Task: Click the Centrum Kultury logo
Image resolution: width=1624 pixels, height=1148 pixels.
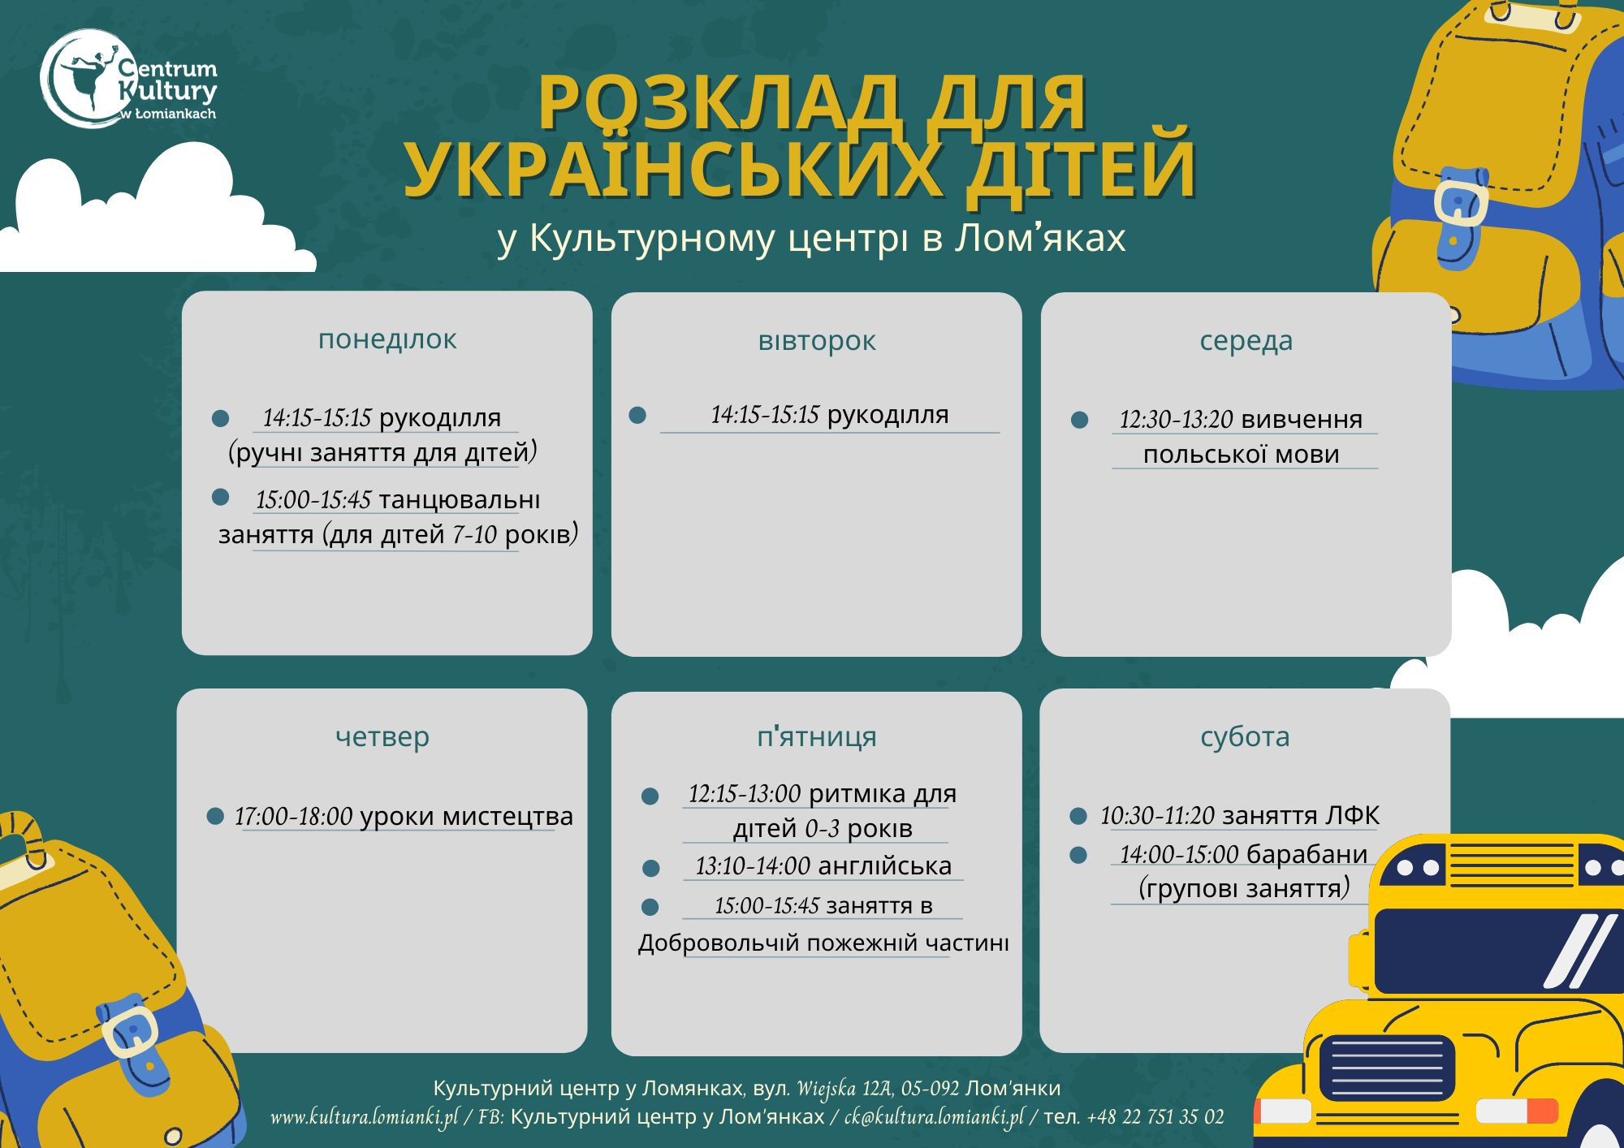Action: tap(129, 79)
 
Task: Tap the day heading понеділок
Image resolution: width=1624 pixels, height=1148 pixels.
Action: tap(387, 339)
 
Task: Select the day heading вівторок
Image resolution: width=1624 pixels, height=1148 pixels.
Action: tap(817, 341)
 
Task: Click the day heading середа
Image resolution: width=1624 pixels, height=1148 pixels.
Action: tap(1246, 341)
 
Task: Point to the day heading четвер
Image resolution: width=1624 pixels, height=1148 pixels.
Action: tap(382, 737)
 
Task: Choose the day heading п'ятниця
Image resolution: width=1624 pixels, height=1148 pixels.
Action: tap(817, 736)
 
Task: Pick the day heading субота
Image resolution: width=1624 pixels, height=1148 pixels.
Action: tap(1245, 736)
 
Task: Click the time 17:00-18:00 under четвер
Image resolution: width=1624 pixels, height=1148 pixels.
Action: tap(293, 816)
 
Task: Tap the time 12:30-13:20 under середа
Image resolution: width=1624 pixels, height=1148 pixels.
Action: tap(1176, 419)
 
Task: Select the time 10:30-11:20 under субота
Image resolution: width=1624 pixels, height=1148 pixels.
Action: tap(1157, 815)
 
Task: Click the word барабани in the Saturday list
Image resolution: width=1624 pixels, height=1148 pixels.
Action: tap(1307, 854)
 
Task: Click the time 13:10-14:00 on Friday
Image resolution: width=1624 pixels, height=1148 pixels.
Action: tap(753, 866)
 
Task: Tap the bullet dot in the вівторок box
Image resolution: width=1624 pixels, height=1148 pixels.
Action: tap(637, 415)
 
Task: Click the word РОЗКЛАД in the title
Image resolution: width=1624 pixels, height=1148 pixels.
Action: tap(718, 102)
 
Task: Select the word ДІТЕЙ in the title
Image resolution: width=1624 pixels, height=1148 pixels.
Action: tap(1081, 170)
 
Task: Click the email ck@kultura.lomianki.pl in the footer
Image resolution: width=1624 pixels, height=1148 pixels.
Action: tap(935, 1117)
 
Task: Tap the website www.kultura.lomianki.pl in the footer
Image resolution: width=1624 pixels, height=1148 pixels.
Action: tap(365, 1117)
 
